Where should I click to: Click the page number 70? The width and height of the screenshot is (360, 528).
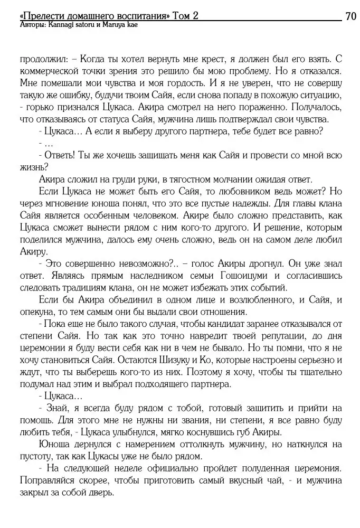(350, 16)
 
